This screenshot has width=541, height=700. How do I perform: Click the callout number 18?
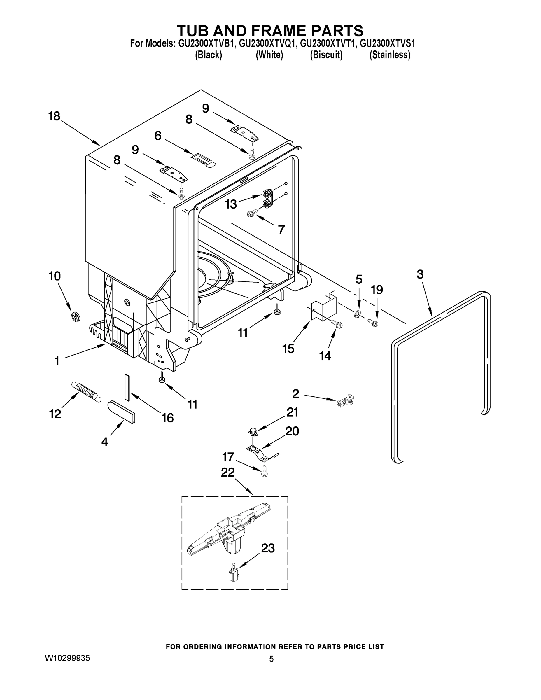click(x=54, y=116)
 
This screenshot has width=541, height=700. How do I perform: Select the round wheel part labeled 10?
click(x=76, y=317)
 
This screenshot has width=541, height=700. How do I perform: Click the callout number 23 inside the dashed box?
click(x=268, y=548)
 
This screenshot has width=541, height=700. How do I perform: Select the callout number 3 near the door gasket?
click(x=420, y=274)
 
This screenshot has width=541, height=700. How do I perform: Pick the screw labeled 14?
click(x=337, y=324)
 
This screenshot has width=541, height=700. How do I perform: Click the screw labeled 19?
click(x=373, y=322)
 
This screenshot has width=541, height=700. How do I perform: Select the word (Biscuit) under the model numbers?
click(x=326, y=55)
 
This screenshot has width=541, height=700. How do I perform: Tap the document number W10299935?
click(x=67, y=658)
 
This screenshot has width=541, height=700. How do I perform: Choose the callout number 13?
click(x=231, y=204)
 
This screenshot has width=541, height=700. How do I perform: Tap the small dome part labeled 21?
click(x=253, y=432)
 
